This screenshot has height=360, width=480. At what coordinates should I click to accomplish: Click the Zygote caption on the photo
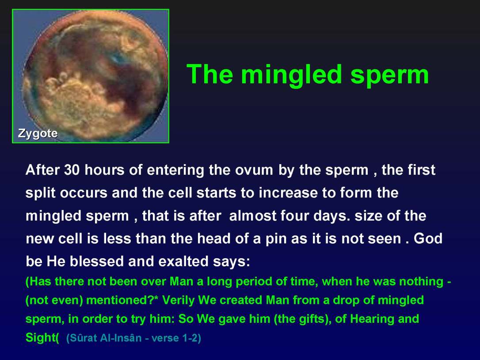click(38, 133)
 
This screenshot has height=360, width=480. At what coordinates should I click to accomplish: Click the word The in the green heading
click(210, 74)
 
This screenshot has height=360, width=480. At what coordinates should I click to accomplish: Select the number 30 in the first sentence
click(72, 170)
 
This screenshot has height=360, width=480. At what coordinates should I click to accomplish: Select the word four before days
click(301, 216)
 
